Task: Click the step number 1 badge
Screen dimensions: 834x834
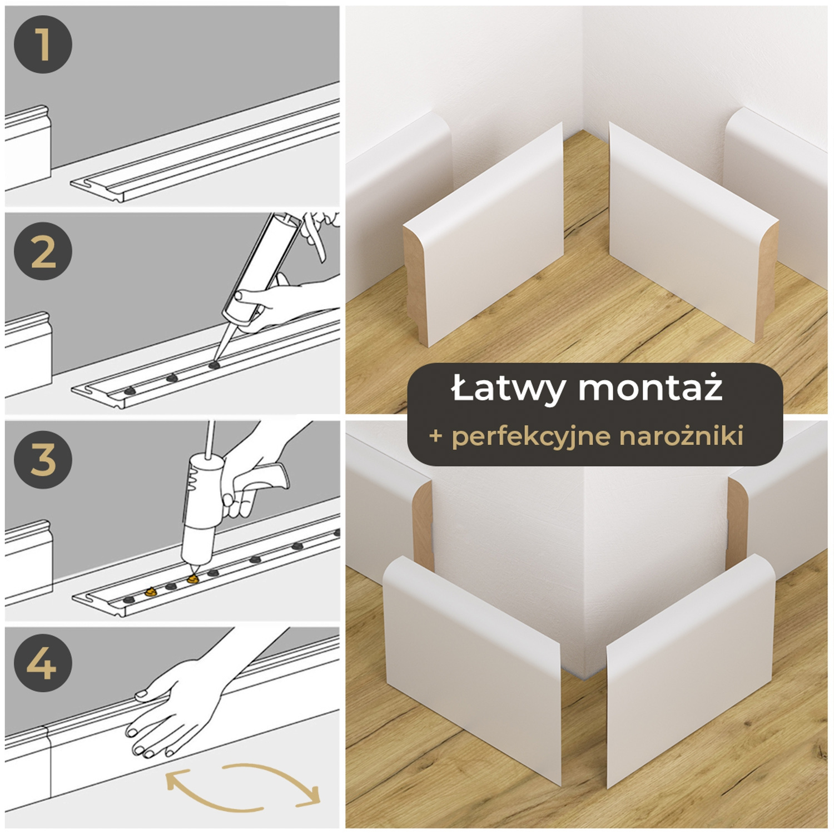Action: click(x=43, y=44)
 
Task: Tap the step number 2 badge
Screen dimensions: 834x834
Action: click(x=43, y=251)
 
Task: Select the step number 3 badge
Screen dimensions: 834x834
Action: click(x=43, y=459)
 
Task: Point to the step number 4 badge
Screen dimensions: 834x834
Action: click(x=43, y=663)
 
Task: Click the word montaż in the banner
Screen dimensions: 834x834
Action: click(x=651, y=389)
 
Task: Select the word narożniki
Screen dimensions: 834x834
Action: click(x=681, y=436)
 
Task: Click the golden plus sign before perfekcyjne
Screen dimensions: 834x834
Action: click(x=436, y=436)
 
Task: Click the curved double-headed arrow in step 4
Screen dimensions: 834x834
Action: click(x=243, y=786)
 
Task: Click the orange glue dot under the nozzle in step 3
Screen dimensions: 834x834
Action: click(x=193, y=579)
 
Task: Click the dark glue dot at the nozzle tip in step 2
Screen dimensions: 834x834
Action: click(x=214, y=365)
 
